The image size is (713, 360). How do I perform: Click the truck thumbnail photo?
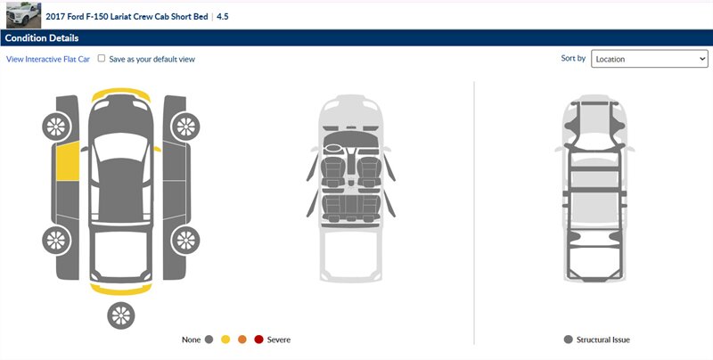click(24, 15)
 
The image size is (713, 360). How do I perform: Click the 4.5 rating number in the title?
click(222, 17)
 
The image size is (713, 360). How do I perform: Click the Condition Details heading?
click(42, 38)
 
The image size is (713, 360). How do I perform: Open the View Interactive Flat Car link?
click(48, 59)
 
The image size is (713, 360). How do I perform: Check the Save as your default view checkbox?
click(102, 58)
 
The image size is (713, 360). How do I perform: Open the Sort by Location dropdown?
click(650, 59)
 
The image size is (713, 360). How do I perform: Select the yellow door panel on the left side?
click(68, 161)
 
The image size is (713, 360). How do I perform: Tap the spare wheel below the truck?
click(121, 315)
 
